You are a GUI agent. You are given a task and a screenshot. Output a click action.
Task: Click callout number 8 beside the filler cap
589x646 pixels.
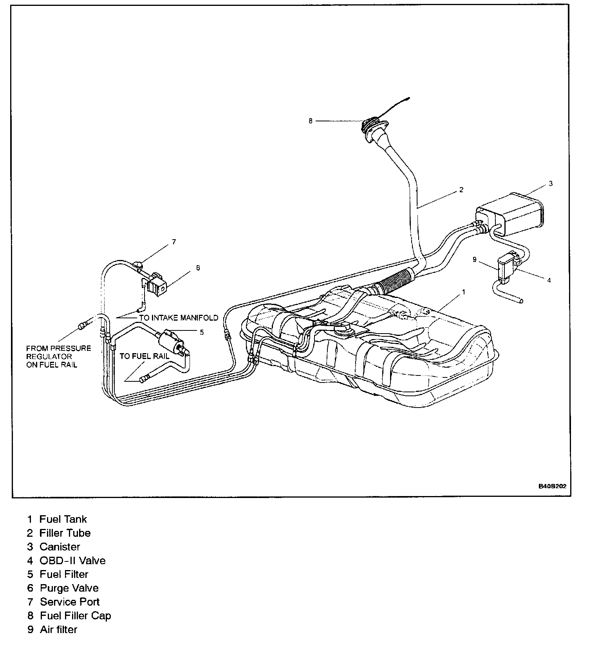click(311, 121)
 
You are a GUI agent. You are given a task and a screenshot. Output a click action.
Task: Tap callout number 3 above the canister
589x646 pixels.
click(550, 183)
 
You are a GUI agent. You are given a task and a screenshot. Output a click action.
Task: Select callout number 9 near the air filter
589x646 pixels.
click(475, 259)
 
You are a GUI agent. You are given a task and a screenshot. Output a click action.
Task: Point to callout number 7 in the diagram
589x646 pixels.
click(174, 242)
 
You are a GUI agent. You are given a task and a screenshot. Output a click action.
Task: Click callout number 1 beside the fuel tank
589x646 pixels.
click(464, 292)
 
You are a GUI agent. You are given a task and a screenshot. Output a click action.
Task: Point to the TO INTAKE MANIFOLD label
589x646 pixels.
click(179, 318)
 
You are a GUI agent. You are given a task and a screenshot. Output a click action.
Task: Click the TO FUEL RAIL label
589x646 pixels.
click(145, 356)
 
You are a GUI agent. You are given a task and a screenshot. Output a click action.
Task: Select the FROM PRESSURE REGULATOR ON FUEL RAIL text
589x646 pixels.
click(58, 356)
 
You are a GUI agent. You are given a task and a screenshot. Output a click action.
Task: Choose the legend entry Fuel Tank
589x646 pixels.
click(63, 519)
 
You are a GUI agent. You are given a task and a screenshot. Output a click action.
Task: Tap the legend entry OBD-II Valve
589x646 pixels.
click(72, 560)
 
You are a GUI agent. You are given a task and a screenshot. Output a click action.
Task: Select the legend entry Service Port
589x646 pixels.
click(70, 601)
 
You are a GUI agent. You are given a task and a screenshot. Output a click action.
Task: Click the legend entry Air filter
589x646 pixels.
click(58, 629)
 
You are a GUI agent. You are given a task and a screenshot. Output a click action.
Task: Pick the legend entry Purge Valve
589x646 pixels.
click(69, 588)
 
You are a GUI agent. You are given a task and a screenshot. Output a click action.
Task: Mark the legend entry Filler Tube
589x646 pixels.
click(65, 533)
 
